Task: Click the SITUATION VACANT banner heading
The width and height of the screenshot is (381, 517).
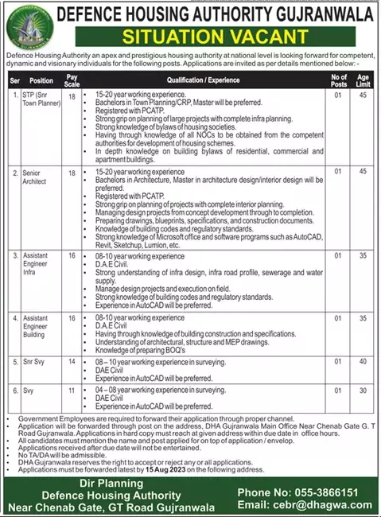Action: [x=214, y=37]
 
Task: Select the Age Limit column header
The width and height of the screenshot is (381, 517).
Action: [x=364, y=80]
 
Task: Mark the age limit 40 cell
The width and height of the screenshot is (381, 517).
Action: [x=364, y=361]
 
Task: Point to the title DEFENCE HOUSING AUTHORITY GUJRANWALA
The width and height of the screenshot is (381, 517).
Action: [x=213, y=14]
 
